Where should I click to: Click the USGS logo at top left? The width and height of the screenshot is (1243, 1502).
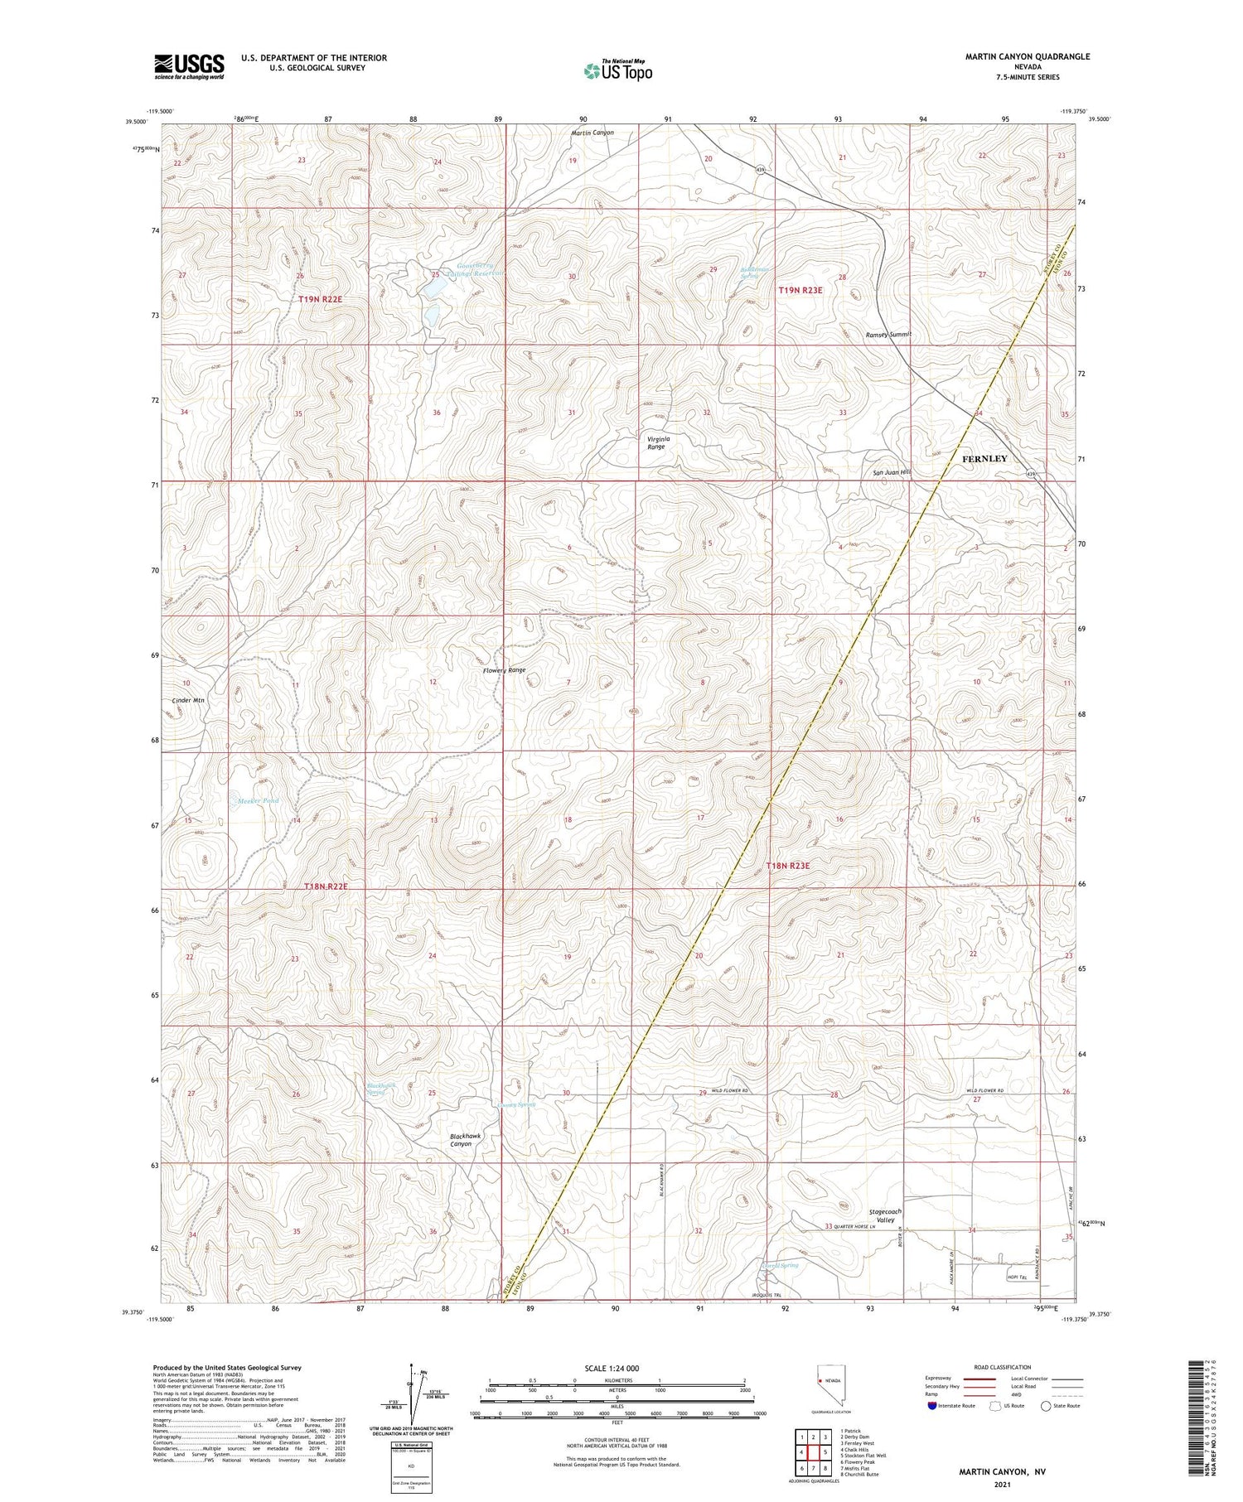(189, 66)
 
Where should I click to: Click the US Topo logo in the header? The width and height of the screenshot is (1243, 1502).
(617, 70)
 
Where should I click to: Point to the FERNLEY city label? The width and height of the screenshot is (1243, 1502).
(984, 458)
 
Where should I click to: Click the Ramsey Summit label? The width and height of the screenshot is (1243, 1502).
(888, 334)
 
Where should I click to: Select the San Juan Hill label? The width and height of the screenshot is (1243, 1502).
(892, 472)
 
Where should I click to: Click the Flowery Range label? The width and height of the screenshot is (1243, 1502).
(504, 669)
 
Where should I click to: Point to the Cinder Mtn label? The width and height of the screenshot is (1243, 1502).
(187, 700)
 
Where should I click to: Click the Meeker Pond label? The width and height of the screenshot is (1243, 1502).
(258, 800)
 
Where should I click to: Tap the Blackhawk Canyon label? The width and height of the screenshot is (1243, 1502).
(465, 1139)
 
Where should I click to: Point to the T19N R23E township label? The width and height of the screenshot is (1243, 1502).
(800, 290)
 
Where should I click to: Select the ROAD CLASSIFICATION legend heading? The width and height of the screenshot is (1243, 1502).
(1002, 1367)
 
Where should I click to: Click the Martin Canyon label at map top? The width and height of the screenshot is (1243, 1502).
(592, 133)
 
